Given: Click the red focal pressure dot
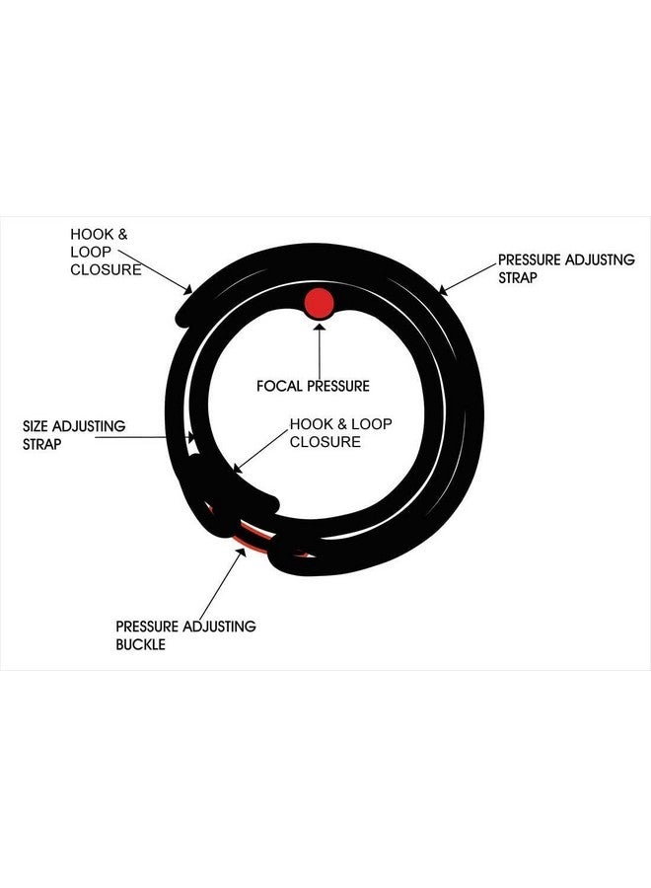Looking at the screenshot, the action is pos(319,303).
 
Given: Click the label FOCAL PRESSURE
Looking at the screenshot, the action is pos(313,386).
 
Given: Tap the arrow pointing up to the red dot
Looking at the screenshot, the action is pos(320,350).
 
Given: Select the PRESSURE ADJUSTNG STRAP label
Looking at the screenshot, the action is pos(566,268).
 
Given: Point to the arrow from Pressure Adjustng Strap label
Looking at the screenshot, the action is pos(468,279).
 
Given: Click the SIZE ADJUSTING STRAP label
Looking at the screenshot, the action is pos(74,435).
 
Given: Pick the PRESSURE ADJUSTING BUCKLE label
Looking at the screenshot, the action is pos(185,634).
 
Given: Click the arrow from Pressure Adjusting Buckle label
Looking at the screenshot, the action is pos(223,583).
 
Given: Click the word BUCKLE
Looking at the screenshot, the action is pos(140,644).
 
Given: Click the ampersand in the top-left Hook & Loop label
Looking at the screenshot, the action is pos(122,234).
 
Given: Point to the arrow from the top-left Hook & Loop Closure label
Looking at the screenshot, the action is pos(155,272).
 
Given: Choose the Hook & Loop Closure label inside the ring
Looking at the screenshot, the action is pos(340,433).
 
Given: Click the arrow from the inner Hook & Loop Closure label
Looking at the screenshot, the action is pos(260,451).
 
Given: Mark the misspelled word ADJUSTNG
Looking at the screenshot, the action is pos(600,259).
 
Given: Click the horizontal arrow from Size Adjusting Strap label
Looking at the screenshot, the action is pos(144,437).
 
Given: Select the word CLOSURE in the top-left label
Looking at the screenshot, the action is pos(106,269).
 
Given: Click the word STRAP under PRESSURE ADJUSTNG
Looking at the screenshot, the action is pos(518,278).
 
